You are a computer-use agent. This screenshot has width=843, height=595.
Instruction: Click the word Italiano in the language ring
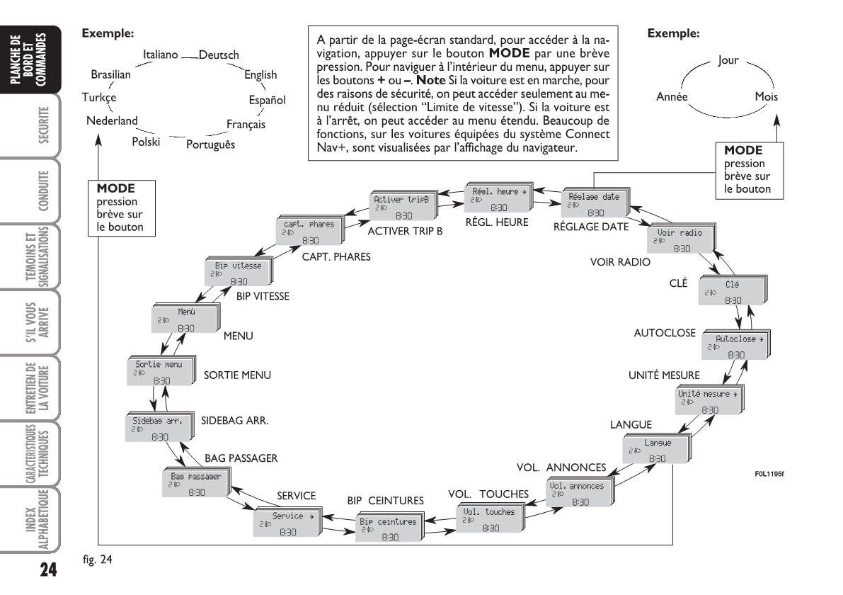pos(160,55)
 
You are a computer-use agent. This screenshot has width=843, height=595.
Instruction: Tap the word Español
pos(267,100)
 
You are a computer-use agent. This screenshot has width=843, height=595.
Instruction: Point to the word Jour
pos(728,60)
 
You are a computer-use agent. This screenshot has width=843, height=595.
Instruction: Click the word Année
pos(673,96)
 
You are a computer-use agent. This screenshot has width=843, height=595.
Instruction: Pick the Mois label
pos(767,96)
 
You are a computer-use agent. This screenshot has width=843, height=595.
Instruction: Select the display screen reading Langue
pos(657,450)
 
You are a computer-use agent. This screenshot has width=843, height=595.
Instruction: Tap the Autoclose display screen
pos(736,346)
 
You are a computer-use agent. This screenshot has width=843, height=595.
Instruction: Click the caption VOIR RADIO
pos(620,261)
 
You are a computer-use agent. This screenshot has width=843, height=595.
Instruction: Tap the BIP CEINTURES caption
pos(385,500)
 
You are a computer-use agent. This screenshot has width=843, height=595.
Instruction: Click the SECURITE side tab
pos(44,127)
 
